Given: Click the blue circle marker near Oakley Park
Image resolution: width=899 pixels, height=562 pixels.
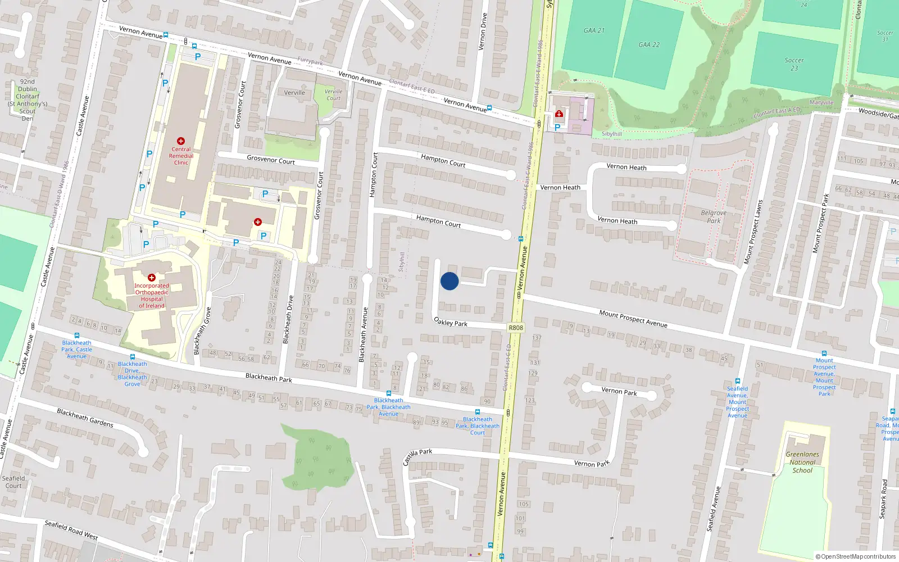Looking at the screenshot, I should (449, 281).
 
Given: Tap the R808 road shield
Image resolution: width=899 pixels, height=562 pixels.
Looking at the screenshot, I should (515, 328).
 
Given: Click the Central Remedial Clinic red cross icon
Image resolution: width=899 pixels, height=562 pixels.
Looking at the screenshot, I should (180, 141).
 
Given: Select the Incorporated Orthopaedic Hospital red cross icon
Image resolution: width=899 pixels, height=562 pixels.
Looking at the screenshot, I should (151, 278).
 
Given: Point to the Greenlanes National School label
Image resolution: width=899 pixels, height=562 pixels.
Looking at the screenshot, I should (802, 462).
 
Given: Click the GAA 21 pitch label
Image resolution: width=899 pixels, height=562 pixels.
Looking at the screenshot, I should (594, 30).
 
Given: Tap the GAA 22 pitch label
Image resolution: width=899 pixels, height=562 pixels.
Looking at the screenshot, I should (649, 44).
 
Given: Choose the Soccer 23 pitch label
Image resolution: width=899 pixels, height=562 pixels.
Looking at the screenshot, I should (794, 64).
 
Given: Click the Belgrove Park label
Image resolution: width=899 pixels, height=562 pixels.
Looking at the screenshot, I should (714, 216).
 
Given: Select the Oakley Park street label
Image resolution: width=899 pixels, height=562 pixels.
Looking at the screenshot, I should (451, 322).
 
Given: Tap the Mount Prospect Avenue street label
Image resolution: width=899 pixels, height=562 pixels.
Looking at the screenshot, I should (633, 319).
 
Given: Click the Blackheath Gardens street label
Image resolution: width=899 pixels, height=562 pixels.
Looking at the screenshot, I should (85, 418).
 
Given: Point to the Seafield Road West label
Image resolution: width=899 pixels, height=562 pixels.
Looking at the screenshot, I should (71, 530).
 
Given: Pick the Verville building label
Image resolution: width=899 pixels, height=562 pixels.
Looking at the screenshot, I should (294, 93).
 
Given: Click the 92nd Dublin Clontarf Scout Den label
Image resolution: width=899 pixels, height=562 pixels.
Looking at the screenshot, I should (27, 100).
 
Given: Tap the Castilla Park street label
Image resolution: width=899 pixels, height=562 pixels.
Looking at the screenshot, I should (417, 456).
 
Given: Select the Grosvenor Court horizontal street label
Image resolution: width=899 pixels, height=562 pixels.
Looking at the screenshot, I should (271, 160).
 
